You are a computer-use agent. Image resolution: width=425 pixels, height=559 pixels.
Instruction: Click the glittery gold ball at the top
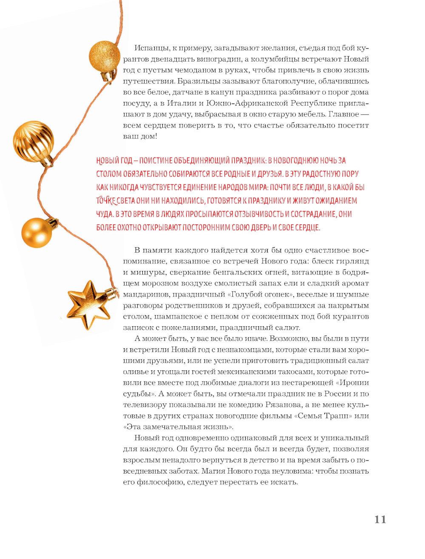tap(104, 55)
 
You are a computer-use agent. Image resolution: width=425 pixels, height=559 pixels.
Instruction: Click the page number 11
tap(380, 520)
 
